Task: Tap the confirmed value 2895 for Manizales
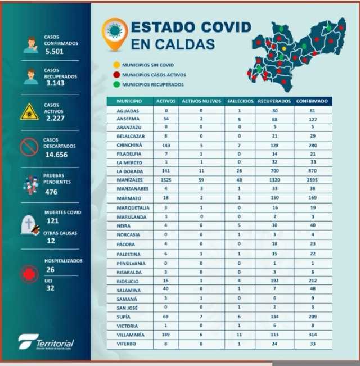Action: [313, 179]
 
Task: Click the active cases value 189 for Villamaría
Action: [166, 334]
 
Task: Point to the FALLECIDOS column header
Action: [240, 101]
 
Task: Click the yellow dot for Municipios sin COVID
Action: [116, 65]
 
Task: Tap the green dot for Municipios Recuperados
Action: [116, 84]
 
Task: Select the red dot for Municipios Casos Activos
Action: [116, 75]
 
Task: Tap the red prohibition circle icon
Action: [29, 147]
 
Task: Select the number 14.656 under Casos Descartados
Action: [57, 154]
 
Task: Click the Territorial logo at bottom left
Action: [46, 342]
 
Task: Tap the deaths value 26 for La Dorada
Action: [240, 170]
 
